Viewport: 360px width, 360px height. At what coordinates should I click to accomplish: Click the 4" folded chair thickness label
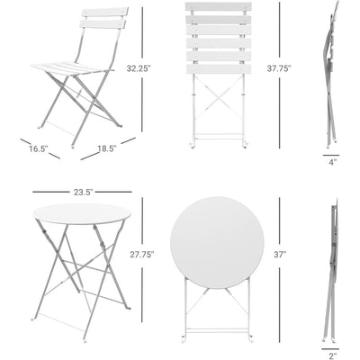(332, 162)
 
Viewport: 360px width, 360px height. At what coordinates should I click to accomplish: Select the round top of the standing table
(81, 213)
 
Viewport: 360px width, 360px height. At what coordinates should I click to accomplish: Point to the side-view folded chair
(330, 72)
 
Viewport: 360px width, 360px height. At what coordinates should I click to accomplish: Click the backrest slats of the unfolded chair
(103, 18)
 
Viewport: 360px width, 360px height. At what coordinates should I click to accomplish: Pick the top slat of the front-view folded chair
(217, 7)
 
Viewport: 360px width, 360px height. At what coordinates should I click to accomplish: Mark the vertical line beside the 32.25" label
(142, 36)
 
